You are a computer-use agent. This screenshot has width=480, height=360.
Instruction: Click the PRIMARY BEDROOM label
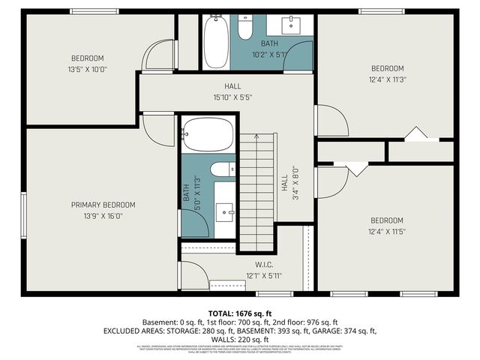pyautogui.click(x=103, y=205)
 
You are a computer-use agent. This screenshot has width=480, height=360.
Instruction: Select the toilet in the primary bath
pyautogui.click(x=223, y=170)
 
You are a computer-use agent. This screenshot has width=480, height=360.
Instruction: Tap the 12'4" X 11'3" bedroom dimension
pyautogui.click(x=388, y=79)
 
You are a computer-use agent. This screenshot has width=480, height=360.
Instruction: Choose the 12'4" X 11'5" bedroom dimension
pyautogui.click(x=388, y=232)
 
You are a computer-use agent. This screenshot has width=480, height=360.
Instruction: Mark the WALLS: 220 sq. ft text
pyautogui.click(x=240, y=338)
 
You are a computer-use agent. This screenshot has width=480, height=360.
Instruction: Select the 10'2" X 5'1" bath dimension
pyautogui.click(x=270, y=54)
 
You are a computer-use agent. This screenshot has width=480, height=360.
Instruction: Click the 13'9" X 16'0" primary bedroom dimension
pyautogui.click(x=103, y=215)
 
